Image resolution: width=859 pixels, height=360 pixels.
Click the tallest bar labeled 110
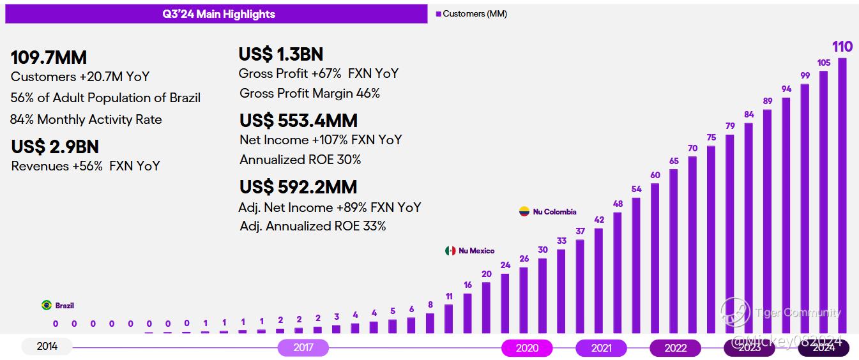click(842, 195)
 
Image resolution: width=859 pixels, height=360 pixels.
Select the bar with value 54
click(636, 265)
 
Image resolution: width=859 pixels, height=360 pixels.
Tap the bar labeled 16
click(468, 313)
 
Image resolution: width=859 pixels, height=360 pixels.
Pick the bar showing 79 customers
click(730, 234)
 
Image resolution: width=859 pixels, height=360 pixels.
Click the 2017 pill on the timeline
click(303, 348)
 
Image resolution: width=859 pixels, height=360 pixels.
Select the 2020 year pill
click(527, 348)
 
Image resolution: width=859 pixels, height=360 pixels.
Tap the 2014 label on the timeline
click(47, 347)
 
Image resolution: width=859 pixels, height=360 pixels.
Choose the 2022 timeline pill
click(675, 348)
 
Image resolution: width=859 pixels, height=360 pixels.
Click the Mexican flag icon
click(450, 251)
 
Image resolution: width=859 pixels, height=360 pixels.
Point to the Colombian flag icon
click(524, 211)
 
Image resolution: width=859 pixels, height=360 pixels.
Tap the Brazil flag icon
click(47, 306)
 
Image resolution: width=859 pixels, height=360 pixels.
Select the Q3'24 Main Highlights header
click(217, 14)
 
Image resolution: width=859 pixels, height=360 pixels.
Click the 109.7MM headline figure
click(49, 58)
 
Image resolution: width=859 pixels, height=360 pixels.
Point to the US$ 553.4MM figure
click(298, 121)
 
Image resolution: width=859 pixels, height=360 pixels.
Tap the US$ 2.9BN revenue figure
click(55, 147)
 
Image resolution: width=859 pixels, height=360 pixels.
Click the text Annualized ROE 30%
click(300, 160)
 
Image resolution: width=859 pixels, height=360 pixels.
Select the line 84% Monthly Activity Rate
click(86, 119)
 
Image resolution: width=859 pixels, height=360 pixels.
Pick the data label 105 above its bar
click(824, 63)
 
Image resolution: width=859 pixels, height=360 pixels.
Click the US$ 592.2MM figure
click(298, 187)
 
